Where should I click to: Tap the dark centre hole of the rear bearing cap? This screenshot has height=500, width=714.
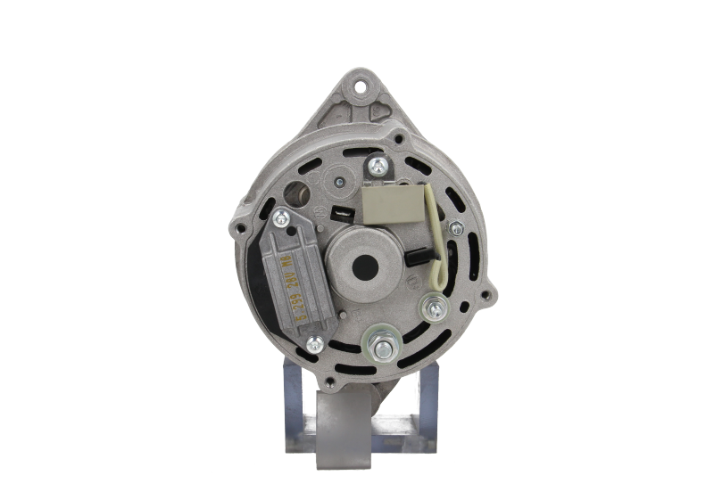click(x=363, y=266)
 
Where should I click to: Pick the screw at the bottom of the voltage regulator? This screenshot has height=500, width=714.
click(x=314, y=344)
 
